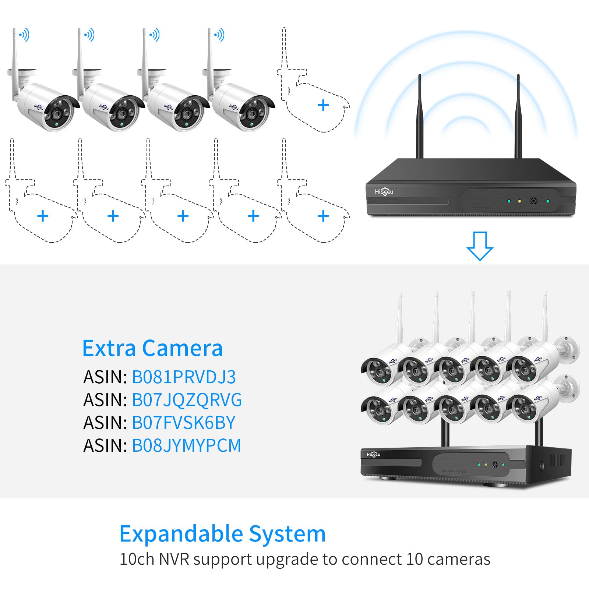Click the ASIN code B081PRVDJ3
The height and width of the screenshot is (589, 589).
pyautogui.click(x=184, y=377)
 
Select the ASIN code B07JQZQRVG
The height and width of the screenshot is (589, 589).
pyautogui.click(x=187, y=400)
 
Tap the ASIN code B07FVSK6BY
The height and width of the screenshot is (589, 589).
pyautogui.click(x=183, y=423)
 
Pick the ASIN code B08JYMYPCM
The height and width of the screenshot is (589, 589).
pyautogui.click(x=186, y=445)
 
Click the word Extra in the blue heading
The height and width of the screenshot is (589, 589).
pyautogui.click(x=109, y=348)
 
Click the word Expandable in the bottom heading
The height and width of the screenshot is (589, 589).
pyautogui.click(x=181, y=534)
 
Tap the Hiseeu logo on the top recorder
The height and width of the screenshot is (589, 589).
pyautogui.click(x=384, y=191)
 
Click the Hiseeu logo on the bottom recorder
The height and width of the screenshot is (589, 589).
pyautogui.click(x=373, y=455)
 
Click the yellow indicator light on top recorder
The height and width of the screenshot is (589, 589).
pyautogui.click(x=519, y=201)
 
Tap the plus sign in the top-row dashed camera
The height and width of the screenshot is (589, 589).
pyautogui.click(x=323, y=105)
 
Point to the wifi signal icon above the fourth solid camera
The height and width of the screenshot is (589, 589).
pyautogui.click(x=219, y=35)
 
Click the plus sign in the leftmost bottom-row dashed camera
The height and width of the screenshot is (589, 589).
pyautogui.click(x=43, y=216)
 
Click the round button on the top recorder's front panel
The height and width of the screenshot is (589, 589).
pyautogui.click(x=533, y=201)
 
